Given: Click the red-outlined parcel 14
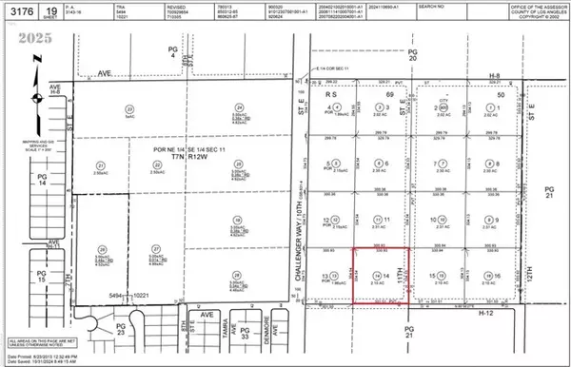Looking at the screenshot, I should pos(381,277).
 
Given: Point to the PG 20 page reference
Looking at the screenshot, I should pos(411,55).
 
